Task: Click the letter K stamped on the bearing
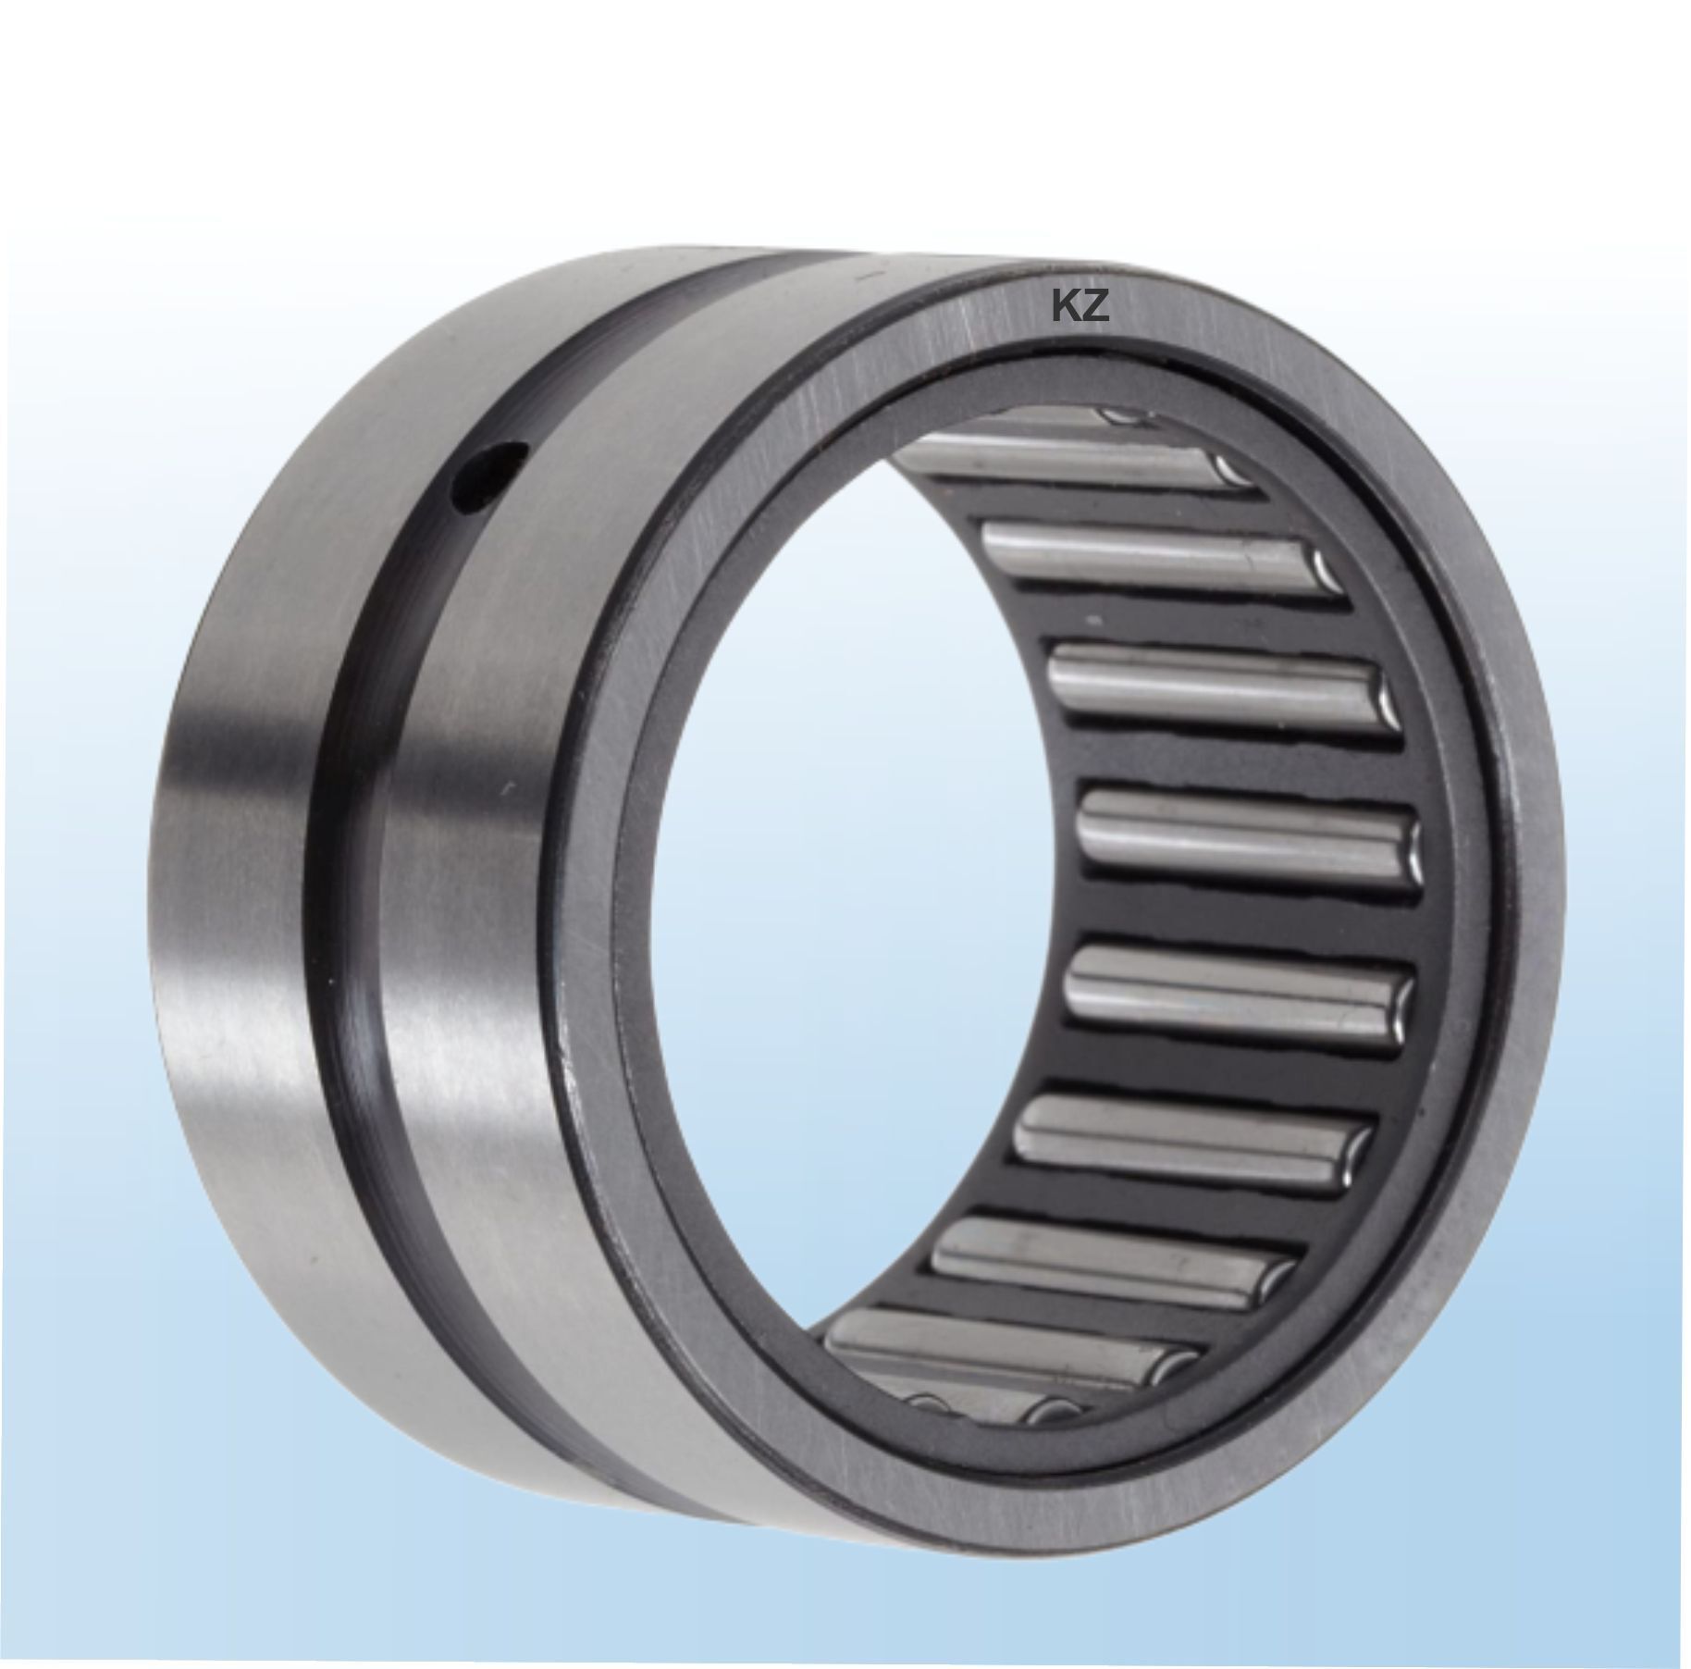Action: pyautogui.click(x=1064, y=307)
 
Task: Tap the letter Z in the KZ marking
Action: pyautogui.click(x=1093, y=307)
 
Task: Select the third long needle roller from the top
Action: pyautogui.click(x=1221, y=685)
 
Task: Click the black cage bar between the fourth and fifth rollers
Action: pyautogui.click(x=1240, y=911)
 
